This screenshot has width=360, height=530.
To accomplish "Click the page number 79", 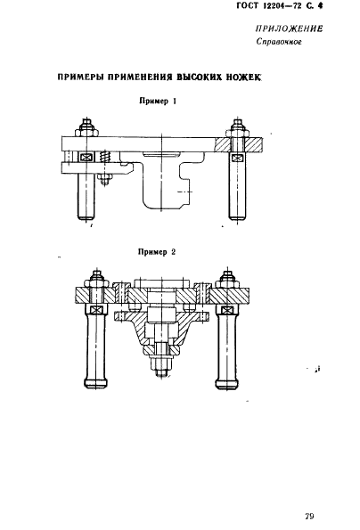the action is click(309, 516).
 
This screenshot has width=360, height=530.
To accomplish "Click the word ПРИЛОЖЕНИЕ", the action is click(289, 29).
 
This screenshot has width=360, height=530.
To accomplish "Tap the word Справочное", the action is click(279, 42).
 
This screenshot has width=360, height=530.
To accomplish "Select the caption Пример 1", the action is click(158, 101).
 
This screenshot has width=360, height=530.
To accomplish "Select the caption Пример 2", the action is click(157, 252).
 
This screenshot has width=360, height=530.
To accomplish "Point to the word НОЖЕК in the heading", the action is click(245, 77).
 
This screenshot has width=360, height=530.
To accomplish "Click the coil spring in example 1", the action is click(105, 157).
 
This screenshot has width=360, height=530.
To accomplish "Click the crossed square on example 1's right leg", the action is click(237, 158).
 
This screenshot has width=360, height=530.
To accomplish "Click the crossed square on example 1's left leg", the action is click(86, 157).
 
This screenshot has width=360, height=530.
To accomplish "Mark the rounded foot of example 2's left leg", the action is click(96, 382).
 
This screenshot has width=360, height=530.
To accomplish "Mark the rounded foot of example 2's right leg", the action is click(228, 382).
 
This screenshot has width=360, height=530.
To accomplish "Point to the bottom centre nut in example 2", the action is click(161, 363).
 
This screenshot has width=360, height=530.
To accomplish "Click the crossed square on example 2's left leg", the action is click(96, 309).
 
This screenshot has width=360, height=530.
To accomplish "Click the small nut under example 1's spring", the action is click(105, 178).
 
